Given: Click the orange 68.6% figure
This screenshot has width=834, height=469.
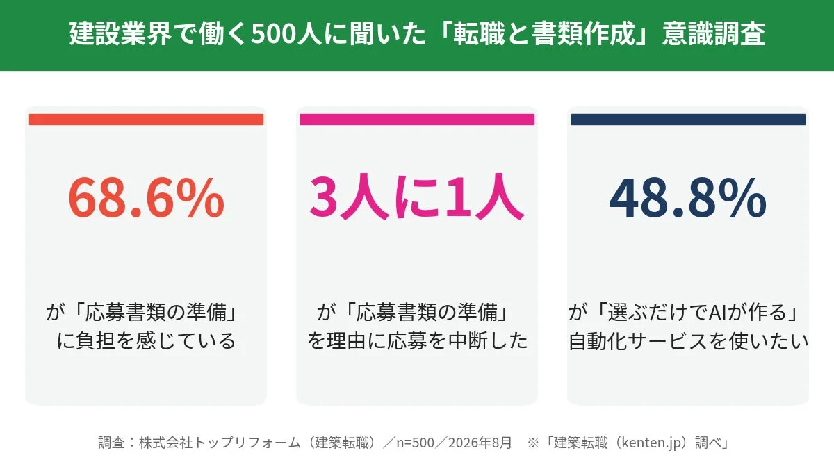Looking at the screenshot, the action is point(146,197).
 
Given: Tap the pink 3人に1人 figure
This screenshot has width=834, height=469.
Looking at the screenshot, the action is point(417,197).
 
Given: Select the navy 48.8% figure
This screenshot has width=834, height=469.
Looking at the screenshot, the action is point(687,197).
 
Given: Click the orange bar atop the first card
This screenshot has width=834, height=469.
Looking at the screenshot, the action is point(147,120).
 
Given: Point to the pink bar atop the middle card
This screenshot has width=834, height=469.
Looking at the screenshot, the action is point(417,120).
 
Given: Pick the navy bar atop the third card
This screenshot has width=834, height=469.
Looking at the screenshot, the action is point(688,120).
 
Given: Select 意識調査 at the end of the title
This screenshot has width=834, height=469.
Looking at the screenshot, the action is point(714,34).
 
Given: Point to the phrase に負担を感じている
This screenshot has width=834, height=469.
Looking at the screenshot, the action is point(146,341).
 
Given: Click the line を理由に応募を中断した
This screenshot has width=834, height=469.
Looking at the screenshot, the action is point(418,341).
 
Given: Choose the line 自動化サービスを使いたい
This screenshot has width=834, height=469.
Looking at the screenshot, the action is point(689,341).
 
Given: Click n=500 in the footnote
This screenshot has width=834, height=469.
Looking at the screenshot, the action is point(415,443).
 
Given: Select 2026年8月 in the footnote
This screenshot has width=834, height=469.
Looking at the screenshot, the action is point(480,443).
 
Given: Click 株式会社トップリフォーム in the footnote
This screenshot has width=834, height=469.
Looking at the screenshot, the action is point(220,443).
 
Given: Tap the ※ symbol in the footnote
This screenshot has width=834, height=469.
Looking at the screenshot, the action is point(533,443).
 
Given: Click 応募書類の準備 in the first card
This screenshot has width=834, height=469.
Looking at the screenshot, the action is point(156,312).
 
